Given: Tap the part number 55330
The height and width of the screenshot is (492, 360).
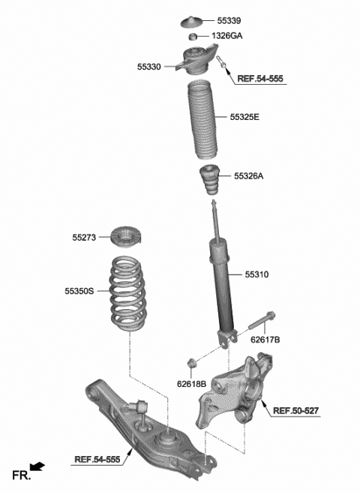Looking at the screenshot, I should click(148, 67).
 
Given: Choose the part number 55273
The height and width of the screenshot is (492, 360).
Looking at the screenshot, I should click(85, 238).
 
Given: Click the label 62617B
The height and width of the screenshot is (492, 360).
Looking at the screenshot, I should click(265, 340).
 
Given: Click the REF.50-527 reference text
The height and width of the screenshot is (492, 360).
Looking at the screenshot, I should click(295, 410).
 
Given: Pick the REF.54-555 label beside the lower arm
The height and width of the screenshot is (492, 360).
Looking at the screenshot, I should click(98, 458).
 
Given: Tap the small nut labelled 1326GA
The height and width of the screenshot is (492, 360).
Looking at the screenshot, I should click(192, 37).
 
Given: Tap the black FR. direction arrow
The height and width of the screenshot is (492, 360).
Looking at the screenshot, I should click(37, 467).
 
